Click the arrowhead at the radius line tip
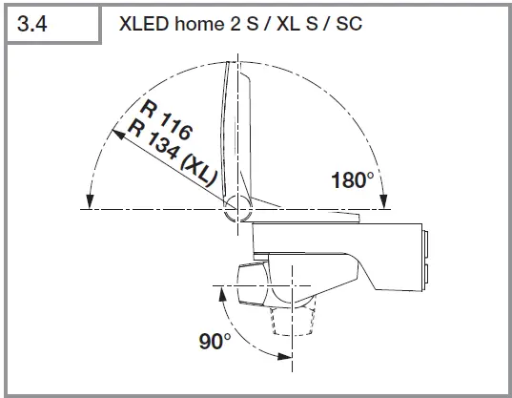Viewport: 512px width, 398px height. point(118,134)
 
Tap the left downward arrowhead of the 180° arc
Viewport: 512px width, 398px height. point(88,201)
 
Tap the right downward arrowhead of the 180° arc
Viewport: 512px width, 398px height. point(382,201)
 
